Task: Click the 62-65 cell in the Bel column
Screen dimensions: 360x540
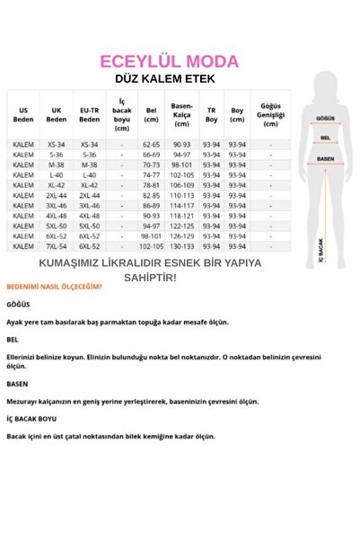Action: click(x=151, y=144)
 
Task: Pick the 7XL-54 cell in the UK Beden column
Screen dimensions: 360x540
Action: click(x=57, y=245)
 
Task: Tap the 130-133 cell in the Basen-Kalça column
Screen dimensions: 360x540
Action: click(x=181, y=245)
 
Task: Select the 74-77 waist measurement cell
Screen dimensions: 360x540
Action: click(x=151, y=174)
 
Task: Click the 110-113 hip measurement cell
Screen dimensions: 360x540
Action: click(x=181, y=195)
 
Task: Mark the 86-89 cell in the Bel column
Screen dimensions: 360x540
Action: click(x=151, y=205)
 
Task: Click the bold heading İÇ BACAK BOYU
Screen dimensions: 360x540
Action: click(x=31, y=419)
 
